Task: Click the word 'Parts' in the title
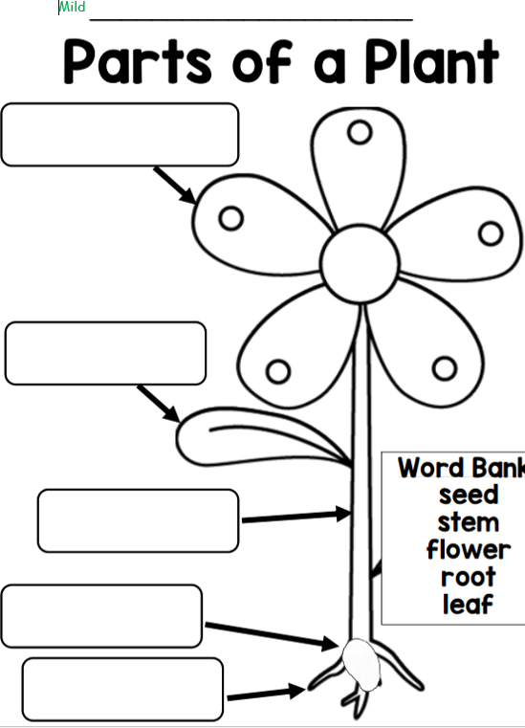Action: click(138, 61)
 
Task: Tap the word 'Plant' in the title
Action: click(431, 61)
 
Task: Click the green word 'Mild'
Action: click(73, 7)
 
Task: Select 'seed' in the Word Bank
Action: click(469, 495)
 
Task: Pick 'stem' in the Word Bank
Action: click(469, 522)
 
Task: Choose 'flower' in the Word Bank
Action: click(469, 550)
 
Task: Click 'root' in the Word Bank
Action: click(469, 577)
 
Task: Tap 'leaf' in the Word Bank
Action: click(468, 604)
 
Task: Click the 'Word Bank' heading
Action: click(461, 468)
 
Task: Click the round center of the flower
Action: click(361, 264)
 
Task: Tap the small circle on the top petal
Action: click(360, 132)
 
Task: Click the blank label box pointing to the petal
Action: click(120, 135)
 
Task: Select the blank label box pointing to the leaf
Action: click(105, 353)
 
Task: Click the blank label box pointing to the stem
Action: click(139, 520)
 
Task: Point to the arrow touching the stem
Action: click(296, 516)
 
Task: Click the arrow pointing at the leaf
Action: click(159, 404)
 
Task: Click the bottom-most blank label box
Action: click(122, 689)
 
